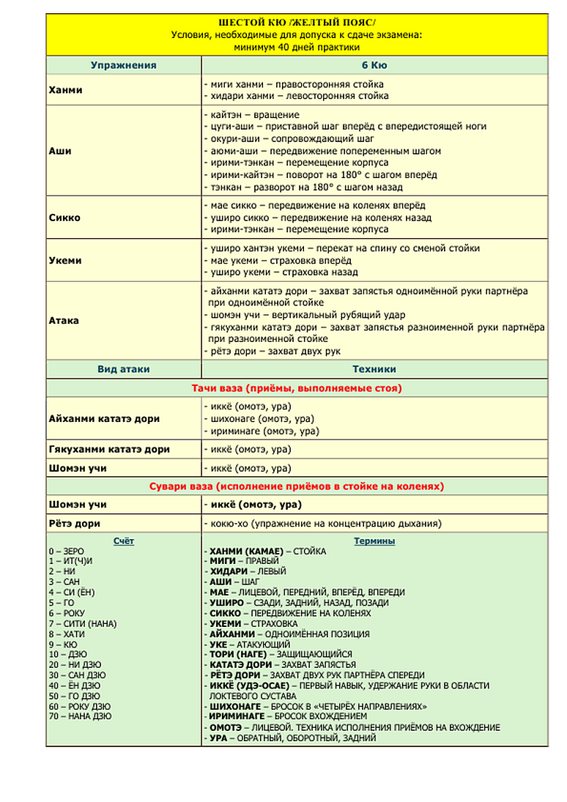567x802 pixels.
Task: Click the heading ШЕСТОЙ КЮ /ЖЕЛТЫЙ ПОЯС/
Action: (296, 22)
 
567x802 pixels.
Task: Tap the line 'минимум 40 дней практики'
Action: (296, 47)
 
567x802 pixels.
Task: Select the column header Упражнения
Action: (123, 65)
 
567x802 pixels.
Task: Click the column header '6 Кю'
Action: (374, 65)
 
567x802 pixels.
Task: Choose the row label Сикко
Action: (64, 218)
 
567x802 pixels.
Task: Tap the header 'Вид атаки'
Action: (123, 369)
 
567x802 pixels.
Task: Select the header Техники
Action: (374, 369)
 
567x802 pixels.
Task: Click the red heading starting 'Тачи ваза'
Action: (296, 388)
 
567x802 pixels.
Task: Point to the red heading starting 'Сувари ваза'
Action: (296, 486)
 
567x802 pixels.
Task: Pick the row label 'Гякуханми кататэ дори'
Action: (108, 449)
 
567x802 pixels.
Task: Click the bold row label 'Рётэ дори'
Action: (74, 524)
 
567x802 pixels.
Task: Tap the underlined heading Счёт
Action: (124, 541)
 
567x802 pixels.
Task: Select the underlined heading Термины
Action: (374, 541)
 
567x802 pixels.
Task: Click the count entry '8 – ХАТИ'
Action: (63, 634)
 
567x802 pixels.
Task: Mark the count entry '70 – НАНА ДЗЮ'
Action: (80, 716)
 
